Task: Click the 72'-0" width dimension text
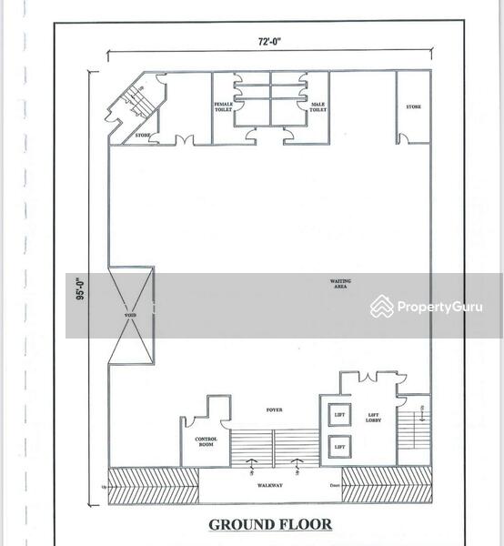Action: (x=267, y=41)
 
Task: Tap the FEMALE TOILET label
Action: (x=224, y=106)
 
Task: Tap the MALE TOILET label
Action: (x=318, y=106)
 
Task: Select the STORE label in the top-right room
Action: (x=414, y=106)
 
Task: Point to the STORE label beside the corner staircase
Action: (x=143, y=136)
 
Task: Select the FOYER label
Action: (x=274, y=409)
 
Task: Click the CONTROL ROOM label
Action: (x=207, y=441)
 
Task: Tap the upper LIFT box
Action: (x=339, y=415)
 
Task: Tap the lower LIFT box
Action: (x=339, y=447)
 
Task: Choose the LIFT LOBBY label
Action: (x=373, y=418)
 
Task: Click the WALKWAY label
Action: (x=270, y=485)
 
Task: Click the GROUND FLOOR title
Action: (x=270, y=524)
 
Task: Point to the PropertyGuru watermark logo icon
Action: (x=382, y=307)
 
